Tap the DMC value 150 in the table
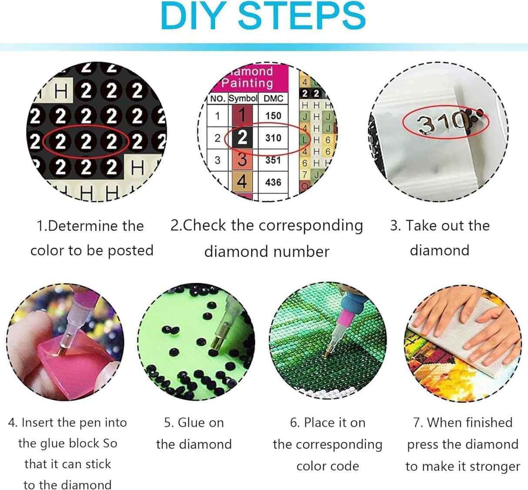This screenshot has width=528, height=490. tap(273, 116)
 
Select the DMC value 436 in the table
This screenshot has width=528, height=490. tap(273, 182)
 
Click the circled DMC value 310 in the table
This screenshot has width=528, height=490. tap(273, 138)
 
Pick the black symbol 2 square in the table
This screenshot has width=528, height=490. tap(242, 138)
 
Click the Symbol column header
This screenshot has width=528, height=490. tap(243, 98)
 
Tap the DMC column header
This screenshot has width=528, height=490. tap(273, 99)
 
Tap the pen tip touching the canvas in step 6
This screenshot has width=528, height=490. tap(327, 353)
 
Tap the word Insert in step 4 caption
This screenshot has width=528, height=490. tap(37, 423)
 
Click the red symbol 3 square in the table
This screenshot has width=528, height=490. tap(242, 160)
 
